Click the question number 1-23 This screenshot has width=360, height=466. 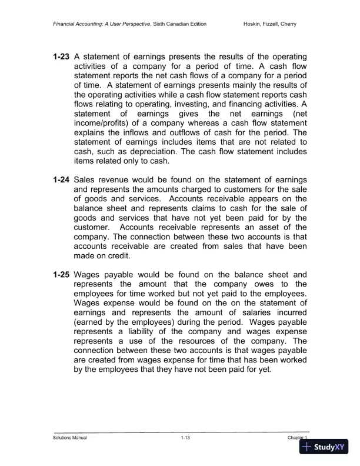coord(61,56)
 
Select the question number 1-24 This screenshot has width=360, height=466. coord(61,179)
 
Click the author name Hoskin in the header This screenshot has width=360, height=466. coord(254,24)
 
